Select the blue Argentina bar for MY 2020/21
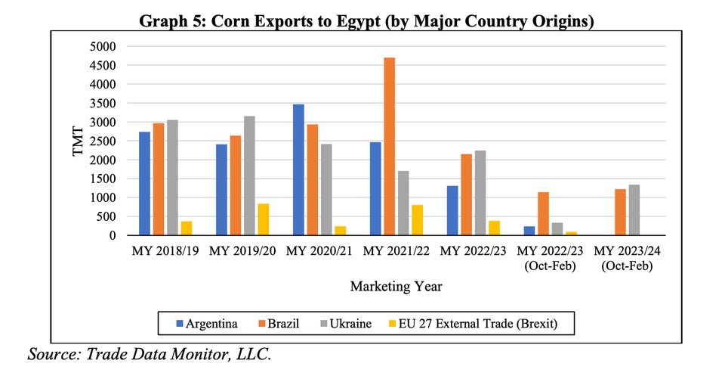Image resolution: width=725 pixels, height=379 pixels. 298,170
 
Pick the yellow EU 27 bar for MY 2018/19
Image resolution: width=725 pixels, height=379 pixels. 186,228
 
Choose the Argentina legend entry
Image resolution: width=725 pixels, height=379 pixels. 207,324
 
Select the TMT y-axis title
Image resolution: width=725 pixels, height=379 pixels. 78,141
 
